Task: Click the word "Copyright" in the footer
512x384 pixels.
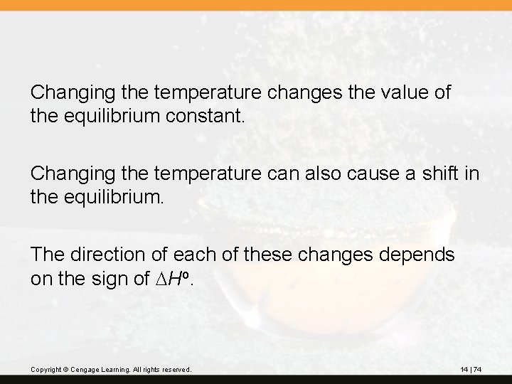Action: point(46,370)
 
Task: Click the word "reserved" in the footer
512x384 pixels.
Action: point(176,370)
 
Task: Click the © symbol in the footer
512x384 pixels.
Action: point(65,370)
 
